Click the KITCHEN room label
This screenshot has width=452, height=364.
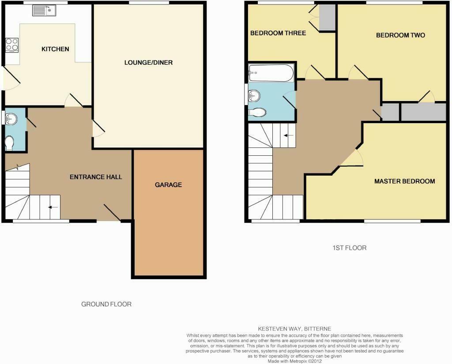point(55,49)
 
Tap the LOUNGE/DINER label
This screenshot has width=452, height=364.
point(148,63)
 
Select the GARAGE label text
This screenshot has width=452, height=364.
point(168,185)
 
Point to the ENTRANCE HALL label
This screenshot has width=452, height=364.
point(96,177)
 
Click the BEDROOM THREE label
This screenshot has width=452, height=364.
point(278,33)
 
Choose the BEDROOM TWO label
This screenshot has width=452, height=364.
point(400,35)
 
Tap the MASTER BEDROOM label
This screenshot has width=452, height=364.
point(404,181)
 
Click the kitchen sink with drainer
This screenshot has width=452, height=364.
point(44,11)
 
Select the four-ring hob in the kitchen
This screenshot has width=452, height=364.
point(12,45)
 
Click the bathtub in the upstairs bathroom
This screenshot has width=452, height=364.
point(271,73)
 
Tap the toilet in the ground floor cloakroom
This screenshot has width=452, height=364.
point(10,143)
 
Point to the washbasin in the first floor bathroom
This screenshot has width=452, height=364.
point(254,96)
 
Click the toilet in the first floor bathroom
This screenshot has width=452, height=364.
point(257,113)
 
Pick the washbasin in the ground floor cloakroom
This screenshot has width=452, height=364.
point(11,119)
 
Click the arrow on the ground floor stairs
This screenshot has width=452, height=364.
point(53,207)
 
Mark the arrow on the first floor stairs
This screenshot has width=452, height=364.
point(289,135)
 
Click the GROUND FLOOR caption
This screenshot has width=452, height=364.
point(106,304)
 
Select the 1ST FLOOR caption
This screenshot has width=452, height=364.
point(350,248)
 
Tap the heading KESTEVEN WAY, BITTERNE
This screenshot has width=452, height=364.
point(294,329)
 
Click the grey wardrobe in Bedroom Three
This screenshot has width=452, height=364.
point(327,17)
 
